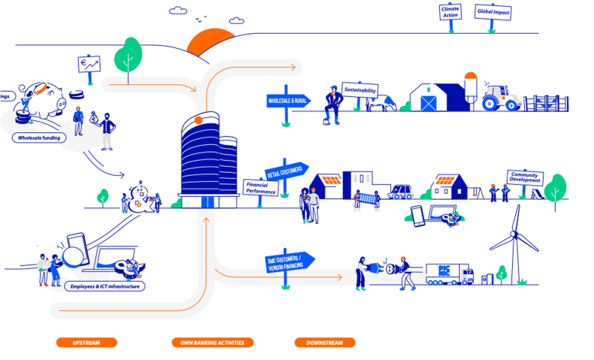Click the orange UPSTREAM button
pos(86,343)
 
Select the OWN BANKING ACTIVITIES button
pos(212,343)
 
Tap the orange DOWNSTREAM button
pos(324,343)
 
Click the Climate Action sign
pos(450,12)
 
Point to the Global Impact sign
pos(492,12)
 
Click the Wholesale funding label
pos(39,138)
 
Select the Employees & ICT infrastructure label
pos(105,286)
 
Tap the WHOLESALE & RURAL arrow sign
pos(288,100)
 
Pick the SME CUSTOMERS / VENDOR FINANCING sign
pos(289,263)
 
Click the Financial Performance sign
pos(261,187)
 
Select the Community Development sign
pos(524,177)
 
